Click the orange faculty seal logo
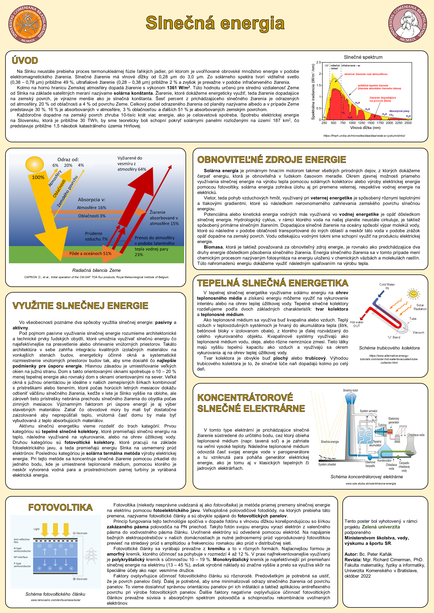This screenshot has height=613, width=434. click(28, 24)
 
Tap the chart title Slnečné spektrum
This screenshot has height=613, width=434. click(363, 57)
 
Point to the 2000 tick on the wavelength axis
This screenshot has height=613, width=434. click(389, 123)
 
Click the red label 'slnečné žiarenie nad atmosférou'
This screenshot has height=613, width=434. click(366, 74)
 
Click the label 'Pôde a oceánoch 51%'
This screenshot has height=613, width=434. click(90, 253)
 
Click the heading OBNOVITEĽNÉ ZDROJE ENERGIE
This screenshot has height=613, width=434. click(272, 160)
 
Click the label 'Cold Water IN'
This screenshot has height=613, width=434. click(387, 286)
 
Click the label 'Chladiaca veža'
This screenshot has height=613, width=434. click(416, 435)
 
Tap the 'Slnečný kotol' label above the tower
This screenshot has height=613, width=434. click(350, 390)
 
